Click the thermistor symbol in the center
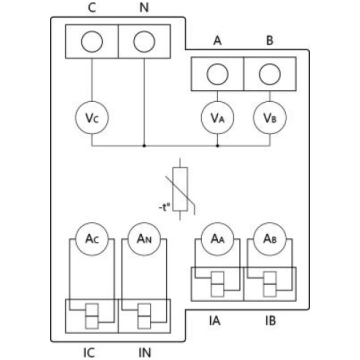point(181,189)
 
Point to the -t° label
point(165,207)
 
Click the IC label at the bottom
point(89,352)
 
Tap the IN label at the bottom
point(144,352)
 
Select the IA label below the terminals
point(215,321)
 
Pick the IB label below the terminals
point(270,321)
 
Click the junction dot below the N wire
point(144,146)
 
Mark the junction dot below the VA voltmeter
point(217,146)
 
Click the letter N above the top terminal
point(144,8)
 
